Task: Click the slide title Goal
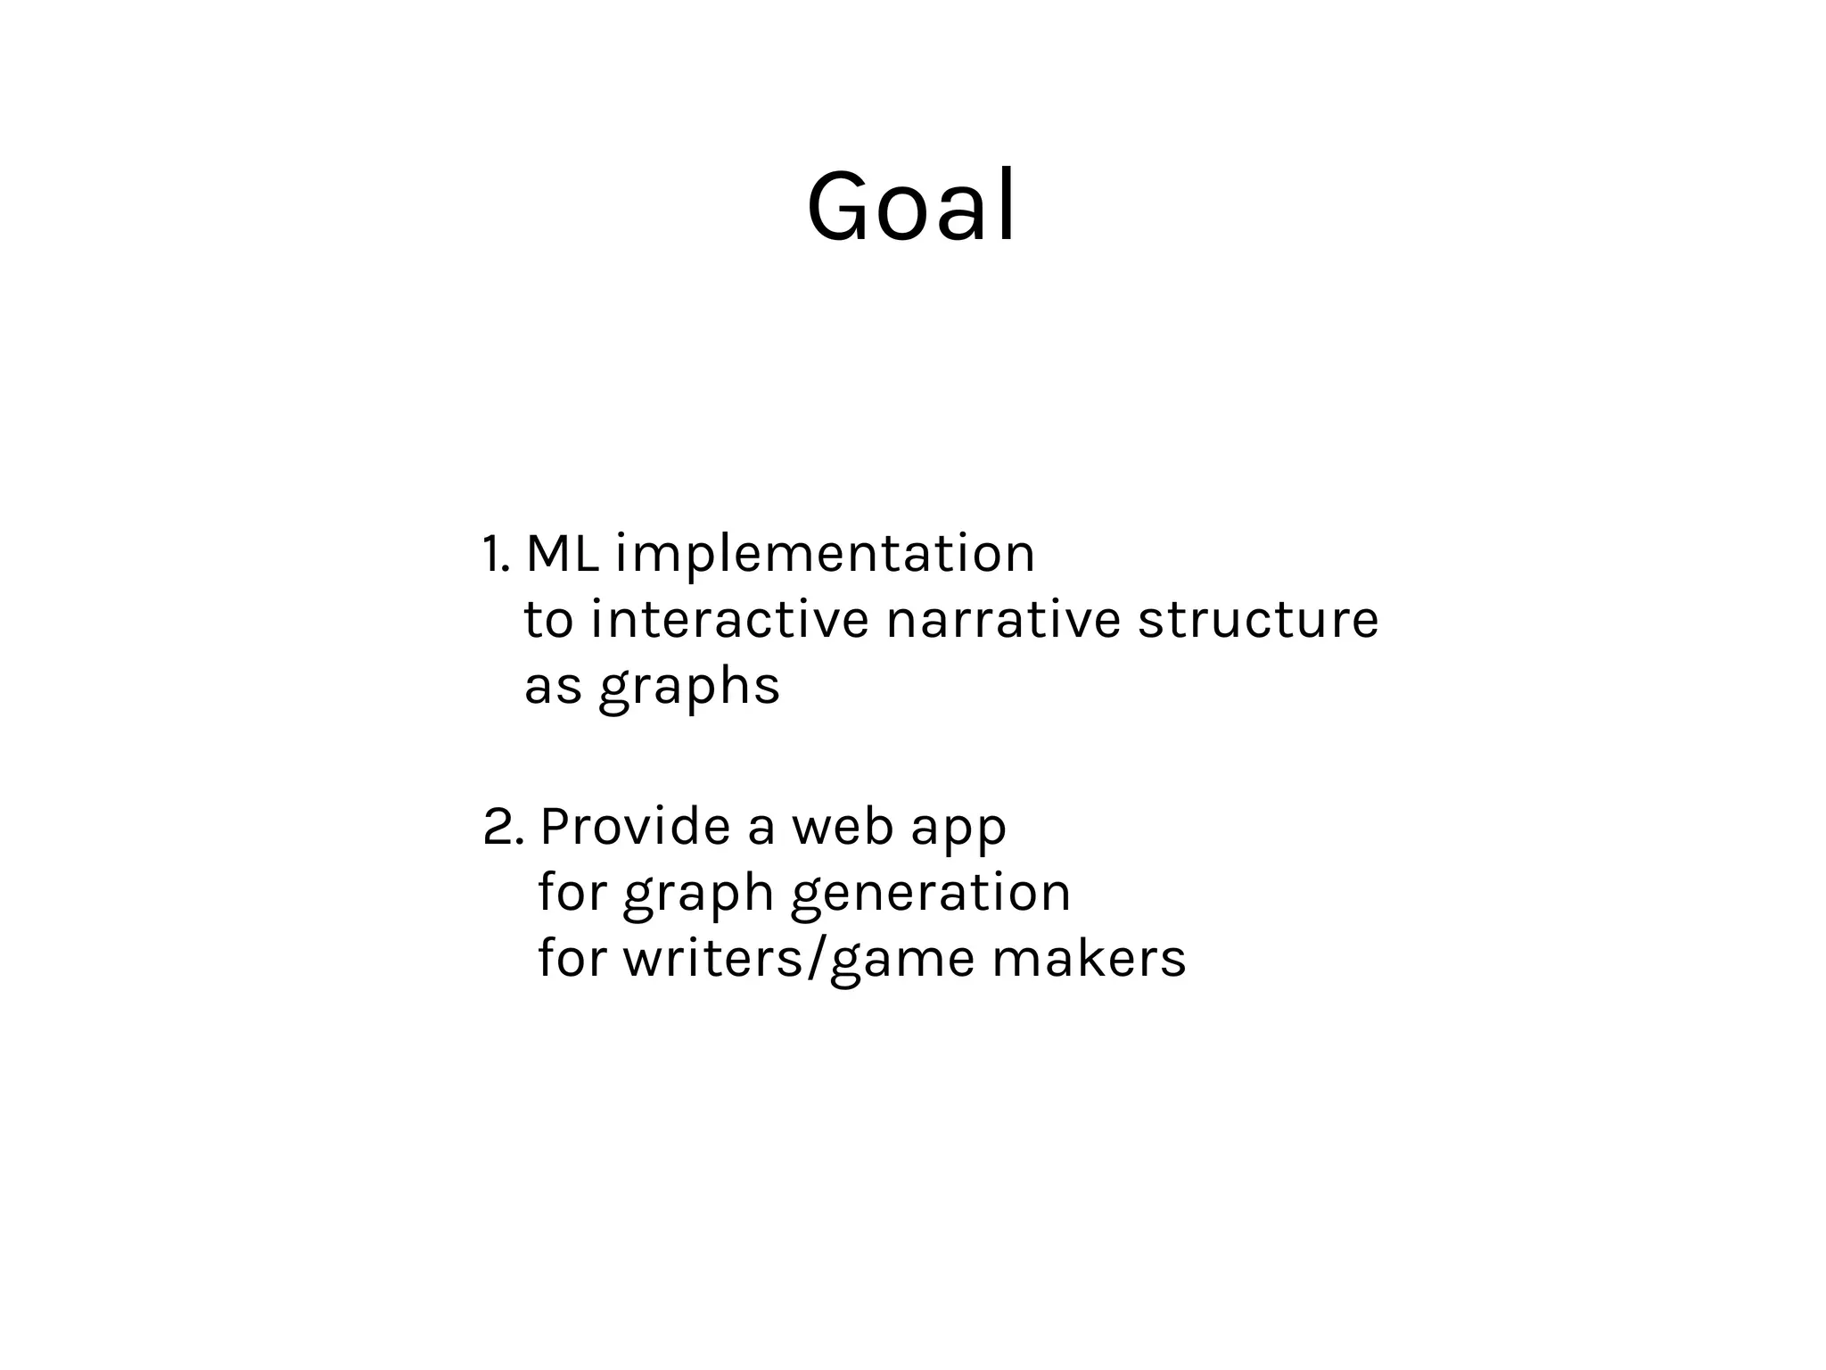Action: click(x=911, y=207)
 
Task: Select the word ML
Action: click(x=562, y=553)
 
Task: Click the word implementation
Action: click(x=825, y=555)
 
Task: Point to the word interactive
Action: click(x=728, y=620)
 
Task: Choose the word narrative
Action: click(x=1003, y=620)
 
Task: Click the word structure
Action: click(x=1258, y=620)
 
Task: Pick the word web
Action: click(x=843, y=827)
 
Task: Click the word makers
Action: click(x=1089, y=959)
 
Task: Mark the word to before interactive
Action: click(x=547, y=620)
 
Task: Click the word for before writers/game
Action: click(x=572, y=959)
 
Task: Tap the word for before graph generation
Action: click(x=572, y=892)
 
